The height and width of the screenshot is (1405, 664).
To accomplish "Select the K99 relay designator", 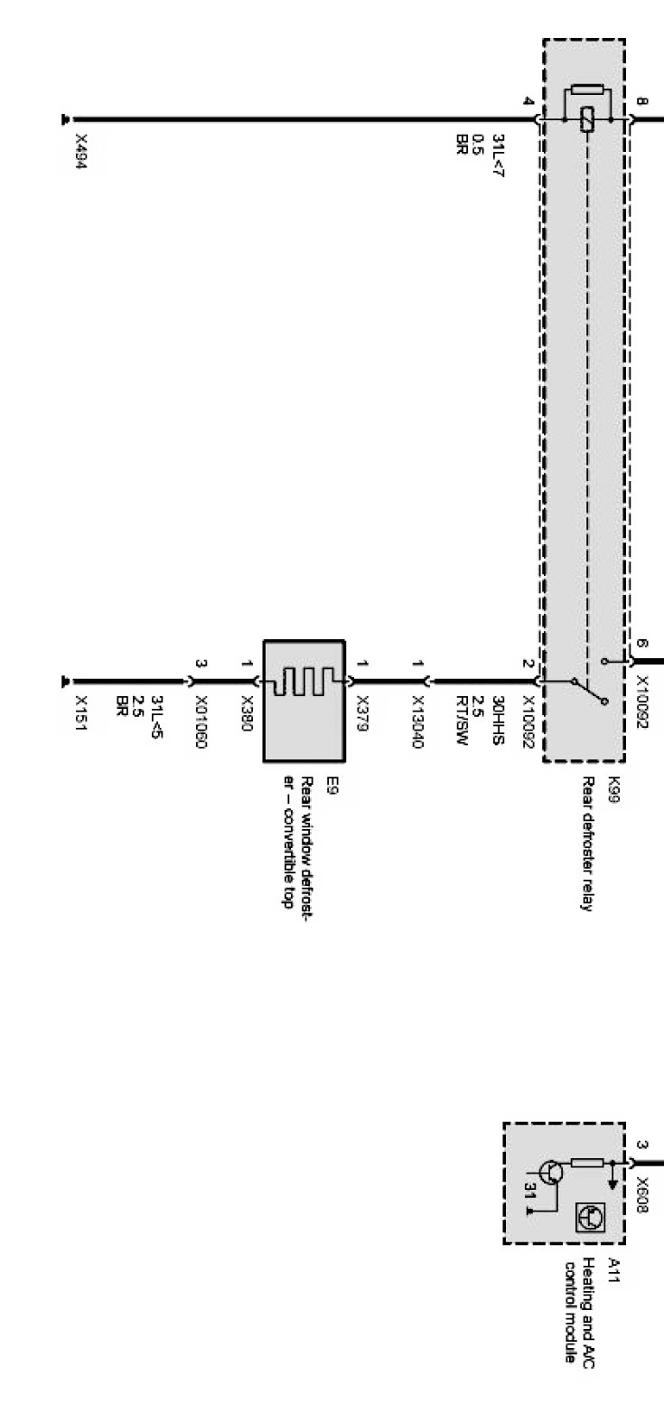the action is (614, 782).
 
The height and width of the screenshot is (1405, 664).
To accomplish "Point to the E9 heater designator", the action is (307, 783).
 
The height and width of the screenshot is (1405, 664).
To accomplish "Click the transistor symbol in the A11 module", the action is (554, 1173).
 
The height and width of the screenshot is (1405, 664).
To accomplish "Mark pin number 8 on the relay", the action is (641, 102).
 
